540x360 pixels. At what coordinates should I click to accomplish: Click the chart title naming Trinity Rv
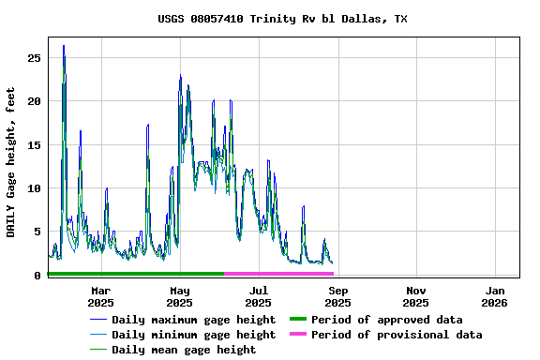(x=282, y=19)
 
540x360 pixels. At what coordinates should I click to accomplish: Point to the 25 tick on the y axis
(x=34, y=58)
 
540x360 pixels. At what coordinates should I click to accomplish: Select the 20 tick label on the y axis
(x=34, y=101)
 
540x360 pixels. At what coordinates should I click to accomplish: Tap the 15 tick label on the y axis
(x=34, y=145)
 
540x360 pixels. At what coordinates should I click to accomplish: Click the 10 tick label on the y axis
(x=34, y=188)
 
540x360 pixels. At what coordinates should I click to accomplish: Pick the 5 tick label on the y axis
(x=37, y=232)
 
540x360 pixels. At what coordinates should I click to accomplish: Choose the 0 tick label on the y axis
(x=37, y=276)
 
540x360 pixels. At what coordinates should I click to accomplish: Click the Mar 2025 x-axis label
(x=100, y=296)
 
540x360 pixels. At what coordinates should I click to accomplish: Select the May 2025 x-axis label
(x=179, y=296)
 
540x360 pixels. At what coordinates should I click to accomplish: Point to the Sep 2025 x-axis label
(x=337, y=296)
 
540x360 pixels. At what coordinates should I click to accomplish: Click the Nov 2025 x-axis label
(x=416, y=296)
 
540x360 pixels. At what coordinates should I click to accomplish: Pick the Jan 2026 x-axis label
(x=495, y=296)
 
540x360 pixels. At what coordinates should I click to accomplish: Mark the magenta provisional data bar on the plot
(x=279, y=274)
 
